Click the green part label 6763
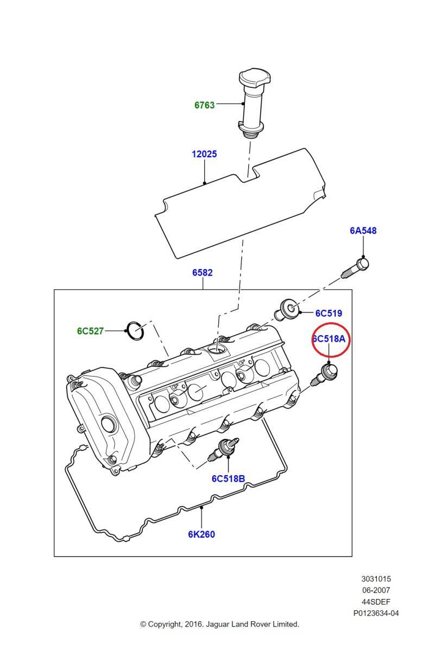[x=204, y=105]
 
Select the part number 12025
[x=204, y=154]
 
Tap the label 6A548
[x=363, y=231]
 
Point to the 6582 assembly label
[x=203, y=272]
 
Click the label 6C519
[x=329, y=313]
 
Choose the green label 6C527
[x=90, y=331]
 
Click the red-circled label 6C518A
[x=329, y=339]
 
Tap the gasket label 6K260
[x=201, y=534]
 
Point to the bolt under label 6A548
[x=355, y=268]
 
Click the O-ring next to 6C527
[x=136, y=330]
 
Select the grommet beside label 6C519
[x=287, y=311]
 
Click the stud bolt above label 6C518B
[x=223, y=449]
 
